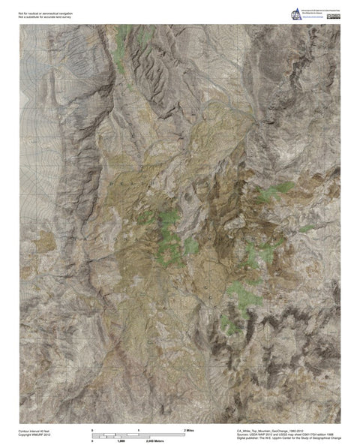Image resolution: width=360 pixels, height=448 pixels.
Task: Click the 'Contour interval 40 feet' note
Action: click(34, 432)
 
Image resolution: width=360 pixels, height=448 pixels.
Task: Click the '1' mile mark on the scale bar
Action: click(139, 429)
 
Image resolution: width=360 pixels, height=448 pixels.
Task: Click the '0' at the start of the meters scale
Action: click(92, 440)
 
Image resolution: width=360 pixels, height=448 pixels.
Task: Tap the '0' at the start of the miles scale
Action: click(92, 429)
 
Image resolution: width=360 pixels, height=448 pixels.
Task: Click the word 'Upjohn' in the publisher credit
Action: click(278, 441)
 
